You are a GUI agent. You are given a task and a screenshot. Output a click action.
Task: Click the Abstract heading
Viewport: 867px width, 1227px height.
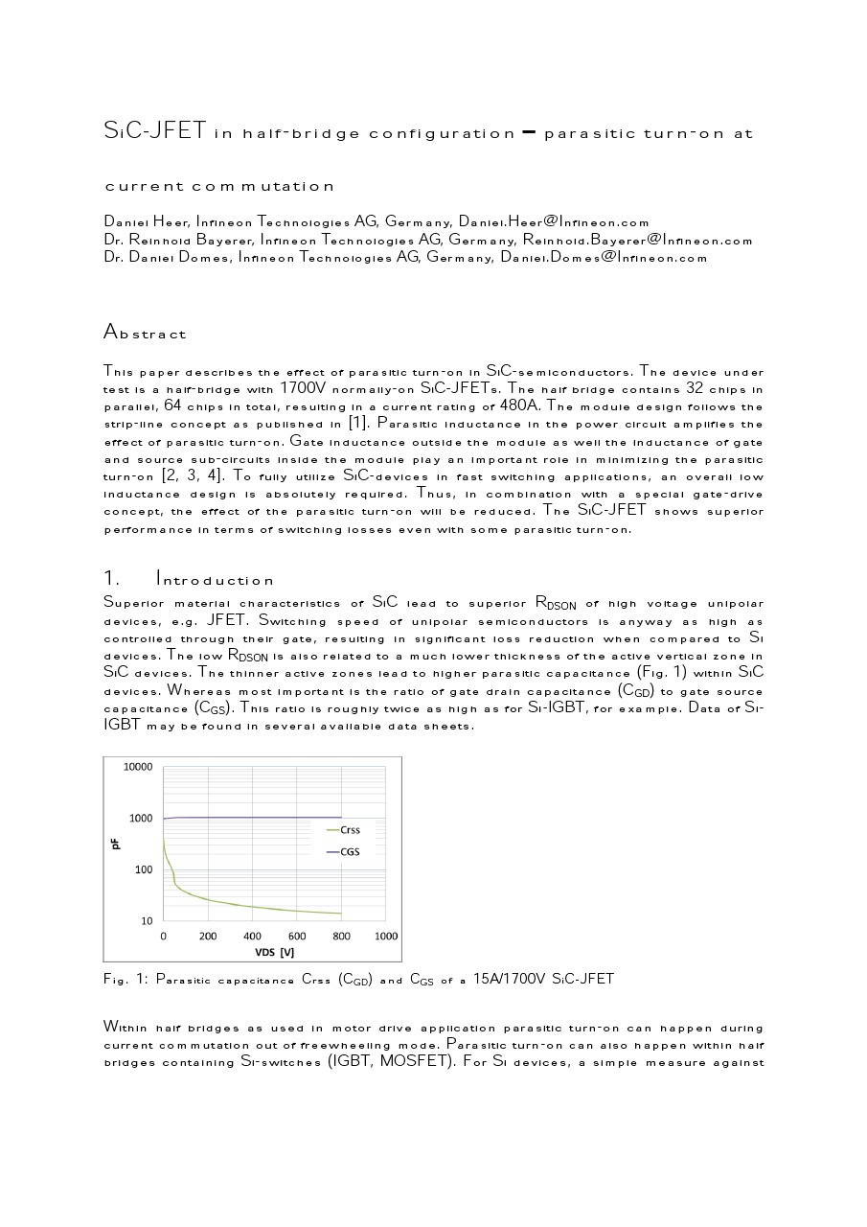point(145,334)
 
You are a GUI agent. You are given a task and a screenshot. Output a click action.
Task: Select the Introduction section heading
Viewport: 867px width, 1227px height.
point(215,580)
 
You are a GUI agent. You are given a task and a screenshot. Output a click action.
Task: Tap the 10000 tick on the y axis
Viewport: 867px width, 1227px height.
point(138,767)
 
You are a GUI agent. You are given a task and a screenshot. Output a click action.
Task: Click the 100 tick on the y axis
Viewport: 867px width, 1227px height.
point(144,869)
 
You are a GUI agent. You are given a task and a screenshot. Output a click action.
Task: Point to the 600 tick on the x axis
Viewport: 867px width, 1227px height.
point(297,936)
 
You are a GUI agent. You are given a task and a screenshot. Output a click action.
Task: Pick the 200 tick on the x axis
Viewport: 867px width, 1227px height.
point(208,936)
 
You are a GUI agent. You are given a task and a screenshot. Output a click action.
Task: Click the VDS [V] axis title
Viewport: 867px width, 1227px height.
point(274,952)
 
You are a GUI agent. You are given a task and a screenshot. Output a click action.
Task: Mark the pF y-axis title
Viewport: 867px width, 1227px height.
point(115,844)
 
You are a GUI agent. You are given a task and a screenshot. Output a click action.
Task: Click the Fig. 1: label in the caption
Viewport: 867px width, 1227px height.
point(124,980)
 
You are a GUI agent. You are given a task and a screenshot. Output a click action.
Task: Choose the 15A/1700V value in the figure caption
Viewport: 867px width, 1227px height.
point(515,980)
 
